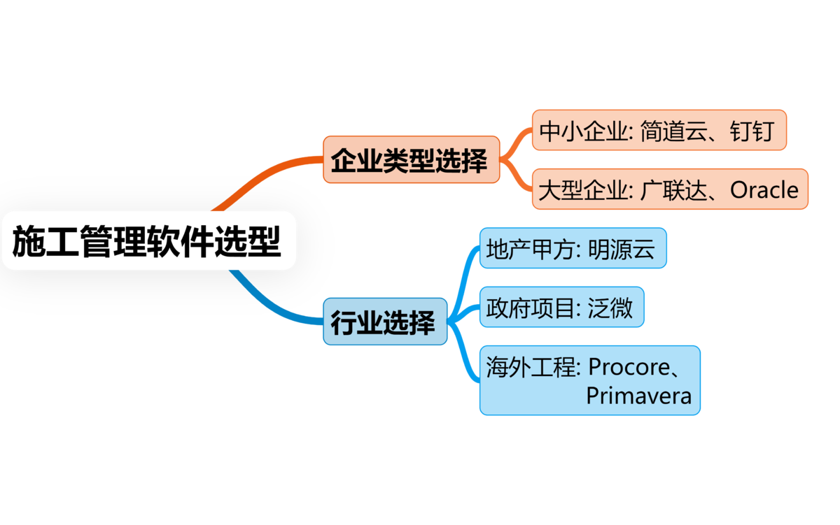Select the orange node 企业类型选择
click(x=410, y=160)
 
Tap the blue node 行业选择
click(x=384, y=322)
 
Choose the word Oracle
click(x=764, y=189)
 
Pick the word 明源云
click(x=622, y=248)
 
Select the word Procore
click(x=633, y=366)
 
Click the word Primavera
click(x=638, y=396)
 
